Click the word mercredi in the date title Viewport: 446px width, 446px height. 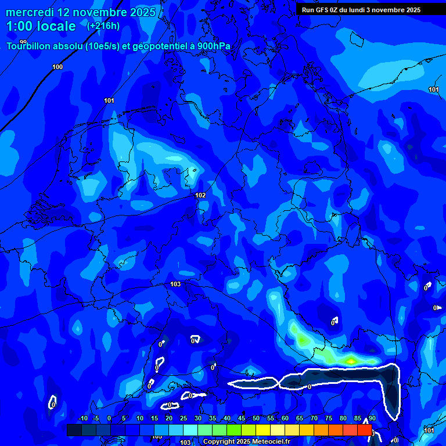click(31, 12)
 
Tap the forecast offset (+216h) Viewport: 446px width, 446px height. click(103, 26)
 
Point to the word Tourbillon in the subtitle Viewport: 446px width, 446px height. click(30, 47)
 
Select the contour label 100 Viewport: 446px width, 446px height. click(57, 67)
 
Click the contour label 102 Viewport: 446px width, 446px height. click(200, 195)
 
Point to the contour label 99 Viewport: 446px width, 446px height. click(23, 42)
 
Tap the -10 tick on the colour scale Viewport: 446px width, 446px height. click(82, 419)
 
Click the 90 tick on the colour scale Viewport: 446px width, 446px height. click(372, 419)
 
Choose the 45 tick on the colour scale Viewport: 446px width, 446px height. click(241, 419)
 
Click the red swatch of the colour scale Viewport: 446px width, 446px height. click(364, 430)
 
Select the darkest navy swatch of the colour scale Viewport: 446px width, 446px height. click(74, 430)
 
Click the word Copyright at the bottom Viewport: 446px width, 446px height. click(220, 442)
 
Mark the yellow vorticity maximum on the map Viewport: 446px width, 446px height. click(351, 361)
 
